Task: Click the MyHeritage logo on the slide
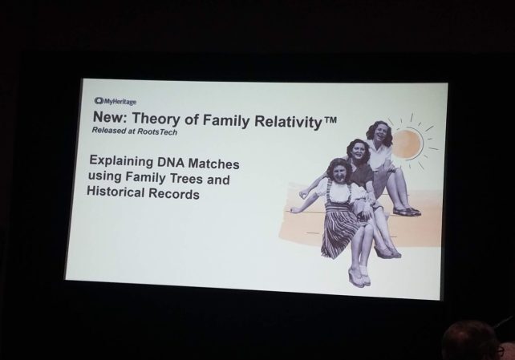pos(116,101)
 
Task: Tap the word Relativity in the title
pos(288,121)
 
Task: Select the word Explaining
pos(121,161)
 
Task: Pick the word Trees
pos(187,179)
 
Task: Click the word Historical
pos(116,191)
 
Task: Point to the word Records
pos(174,193)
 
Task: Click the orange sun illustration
pos(408,144)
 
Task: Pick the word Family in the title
pos(226,120)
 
